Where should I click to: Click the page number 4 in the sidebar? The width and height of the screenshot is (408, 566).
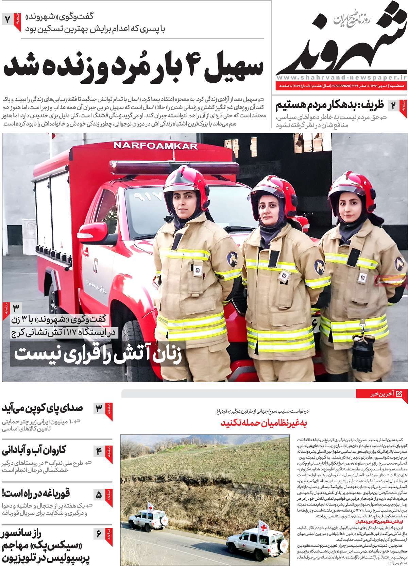(99, 452)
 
